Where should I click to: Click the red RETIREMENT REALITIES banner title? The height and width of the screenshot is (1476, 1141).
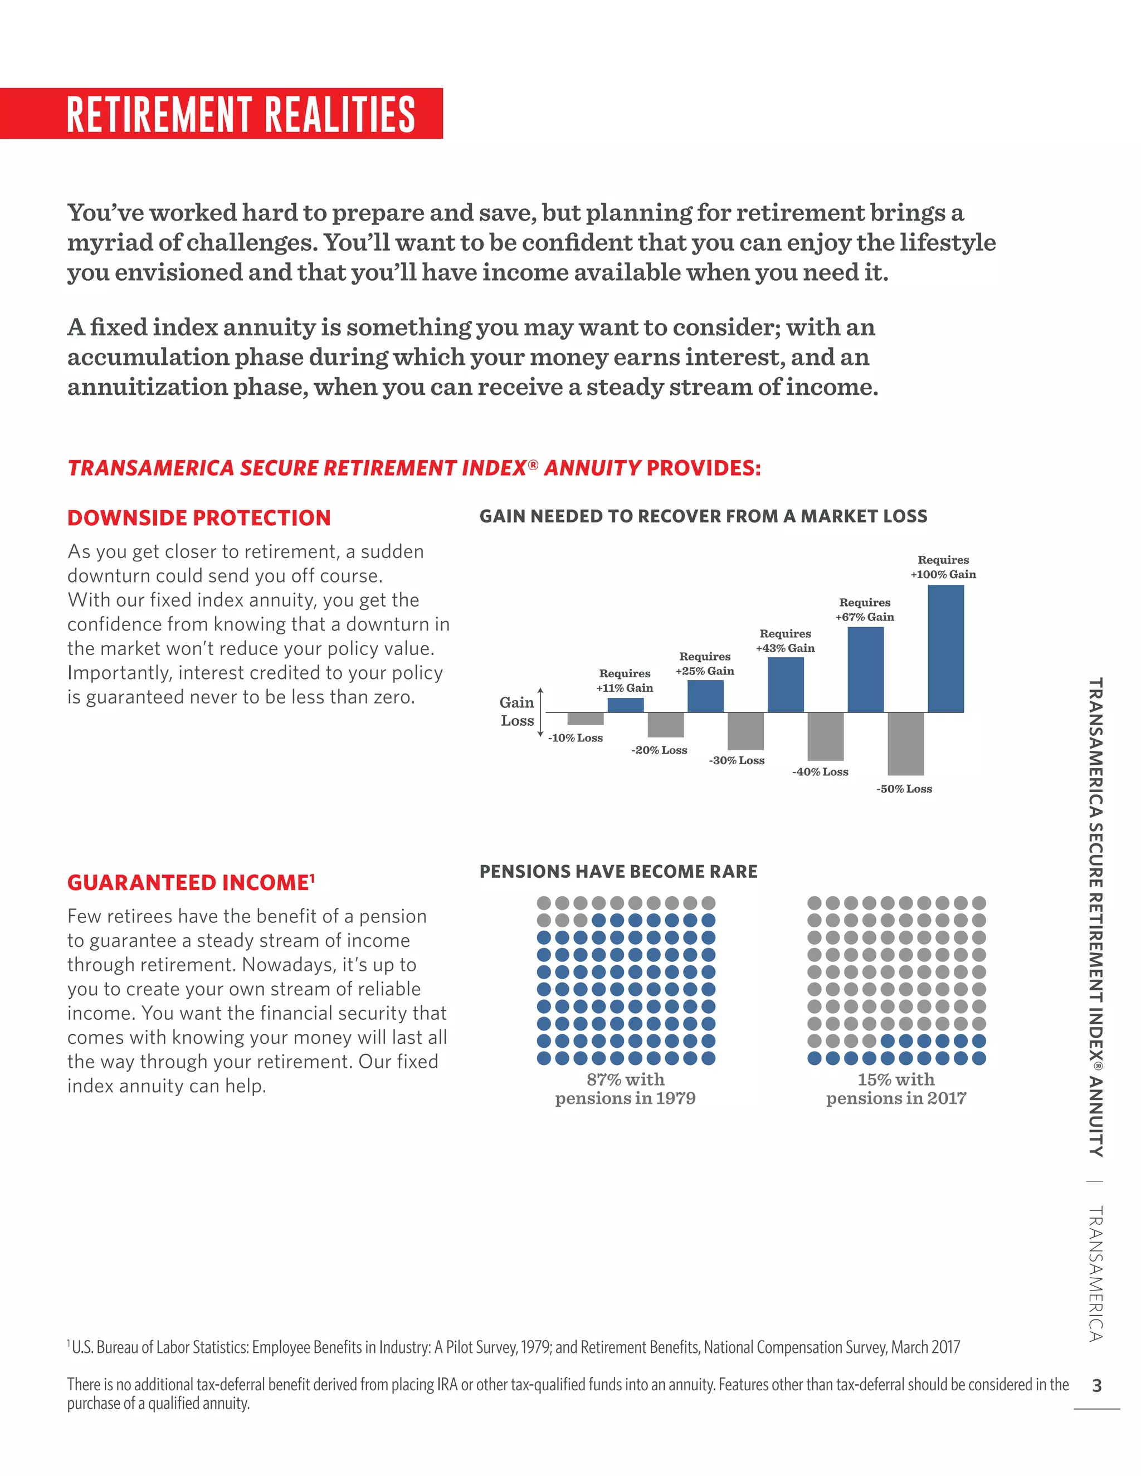[241, 114]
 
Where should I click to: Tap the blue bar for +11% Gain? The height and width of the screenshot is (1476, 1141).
[625, 705]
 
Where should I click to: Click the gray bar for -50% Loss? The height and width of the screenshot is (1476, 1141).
[905, 744]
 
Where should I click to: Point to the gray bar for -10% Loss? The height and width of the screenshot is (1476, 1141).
[586, 719]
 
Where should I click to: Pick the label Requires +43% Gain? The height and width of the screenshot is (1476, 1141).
[785, 641]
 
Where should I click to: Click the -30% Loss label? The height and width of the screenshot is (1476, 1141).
[736, 760]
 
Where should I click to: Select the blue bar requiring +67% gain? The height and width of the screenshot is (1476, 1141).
[865, 669]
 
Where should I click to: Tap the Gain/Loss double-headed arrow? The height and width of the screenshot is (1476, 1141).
[540, 712]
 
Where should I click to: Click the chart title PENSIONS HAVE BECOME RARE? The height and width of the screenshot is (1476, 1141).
[618, 871]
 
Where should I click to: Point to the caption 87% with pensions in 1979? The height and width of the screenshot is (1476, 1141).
[625, 1088]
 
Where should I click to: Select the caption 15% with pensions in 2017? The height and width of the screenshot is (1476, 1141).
[896, 1088]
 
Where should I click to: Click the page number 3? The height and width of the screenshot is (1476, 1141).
[1096, 1385]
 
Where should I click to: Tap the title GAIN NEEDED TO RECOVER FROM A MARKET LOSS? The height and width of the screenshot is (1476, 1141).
[703, 516]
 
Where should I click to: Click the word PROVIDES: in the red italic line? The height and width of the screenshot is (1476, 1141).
[703, 468]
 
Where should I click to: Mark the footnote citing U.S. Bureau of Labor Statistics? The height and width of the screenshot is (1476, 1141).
[514, 1347]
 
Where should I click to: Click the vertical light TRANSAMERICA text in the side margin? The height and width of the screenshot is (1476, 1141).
[1096, 1274]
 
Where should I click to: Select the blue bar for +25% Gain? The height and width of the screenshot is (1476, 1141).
[705, 696]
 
